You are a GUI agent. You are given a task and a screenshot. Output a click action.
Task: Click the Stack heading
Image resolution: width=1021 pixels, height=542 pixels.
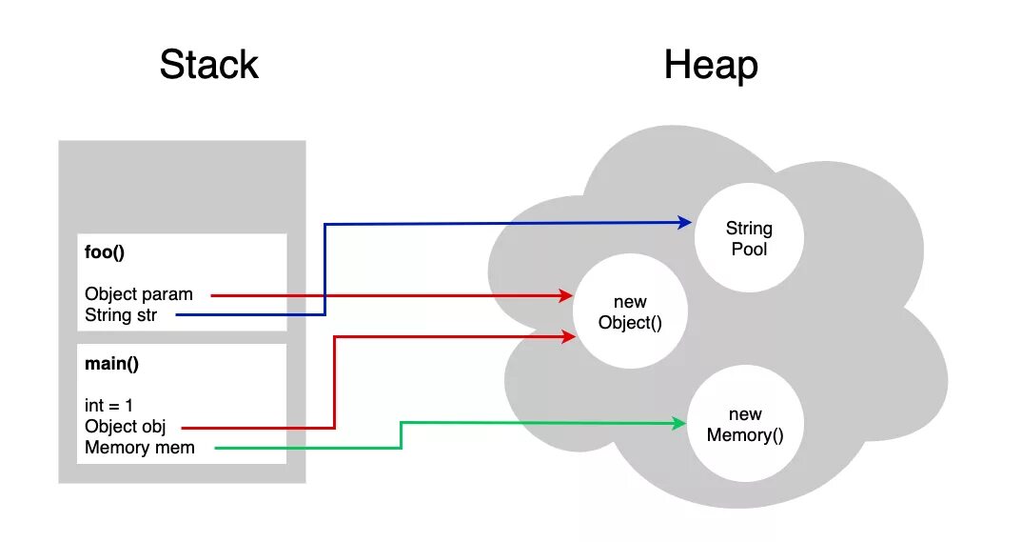point(208,65)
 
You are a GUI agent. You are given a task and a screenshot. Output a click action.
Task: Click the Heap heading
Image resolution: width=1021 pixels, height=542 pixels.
point(711,65)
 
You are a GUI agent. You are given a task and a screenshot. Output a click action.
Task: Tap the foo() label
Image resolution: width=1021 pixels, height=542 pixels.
point(105,254)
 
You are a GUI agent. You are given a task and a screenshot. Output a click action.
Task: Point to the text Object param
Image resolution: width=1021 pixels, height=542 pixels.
point(138,294)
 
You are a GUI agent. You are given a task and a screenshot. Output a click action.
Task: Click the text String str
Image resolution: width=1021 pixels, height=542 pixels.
point(121,315)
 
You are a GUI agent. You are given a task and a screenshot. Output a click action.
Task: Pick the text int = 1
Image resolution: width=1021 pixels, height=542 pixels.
point(109,405)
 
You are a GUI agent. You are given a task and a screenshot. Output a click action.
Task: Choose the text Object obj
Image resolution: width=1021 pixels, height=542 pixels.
point(125,427)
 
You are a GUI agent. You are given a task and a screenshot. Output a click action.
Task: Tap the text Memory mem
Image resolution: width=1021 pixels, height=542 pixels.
point(140,448)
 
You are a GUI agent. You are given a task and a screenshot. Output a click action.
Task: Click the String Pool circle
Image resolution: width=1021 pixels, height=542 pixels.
point(749,237)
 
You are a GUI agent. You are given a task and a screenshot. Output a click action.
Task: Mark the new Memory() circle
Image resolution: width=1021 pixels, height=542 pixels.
point(745,425)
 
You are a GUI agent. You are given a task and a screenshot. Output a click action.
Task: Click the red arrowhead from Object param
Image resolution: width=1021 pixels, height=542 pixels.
point(565,296)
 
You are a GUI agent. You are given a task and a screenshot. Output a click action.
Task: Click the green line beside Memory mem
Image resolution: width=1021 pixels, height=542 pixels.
point(304,448)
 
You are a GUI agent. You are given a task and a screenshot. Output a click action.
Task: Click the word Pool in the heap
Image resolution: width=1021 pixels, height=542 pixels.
point(749,249)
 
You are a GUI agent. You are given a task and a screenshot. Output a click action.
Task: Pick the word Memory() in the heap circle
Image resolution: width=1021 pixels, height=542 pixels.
point(745,435)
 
